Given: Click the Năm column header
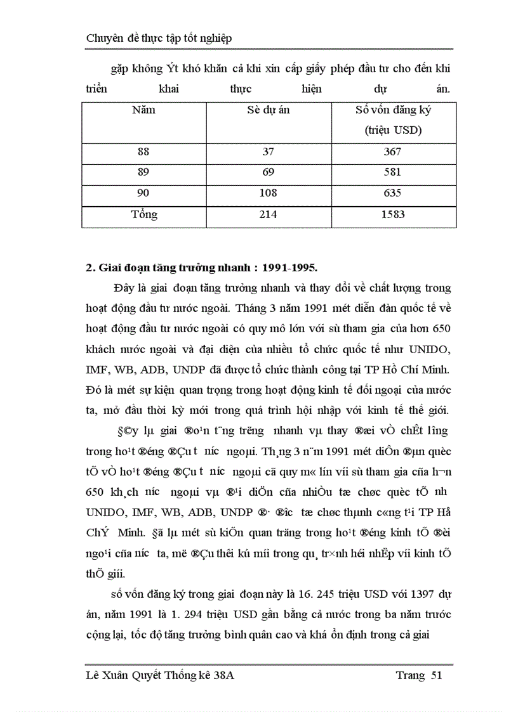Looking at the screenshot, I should pyautogui.click(x=143, y=110).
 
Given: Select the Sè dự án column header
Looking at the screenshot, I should pyautogui.click(x=268, y=110).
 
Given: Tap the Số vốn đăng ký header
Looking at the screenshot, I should pyautogui.click(x=393, y=110).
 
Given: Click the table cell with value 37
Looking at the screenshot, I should pyautogui.click(x=269, y=152).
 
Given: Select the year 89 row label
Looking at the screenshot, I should pyautogui.click(x=143, y=173).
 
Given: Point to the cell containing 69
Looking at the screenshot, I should pyautogui.click(x=269, y=173).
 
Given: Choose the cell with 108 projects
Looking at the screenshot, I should pyautogui.click(x=269, y=193).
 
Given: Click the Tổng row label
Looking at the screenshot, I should pyautogui.click(x=144, y=214).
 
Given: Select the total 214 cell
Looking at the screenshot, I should pyautogui.click(x=269, y=215).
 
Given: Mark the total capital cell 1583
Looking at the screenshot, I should pyautogui.click(x=393, y=215).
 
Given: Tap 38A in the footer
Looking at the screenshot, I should pyautogui.click(x=222, y=675).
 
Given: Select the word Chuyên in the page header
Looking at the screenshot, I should pyautogui.click(x=105, y=38).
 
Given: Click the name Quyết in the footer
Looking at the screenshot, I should pyautogui.click(x=145, y=676).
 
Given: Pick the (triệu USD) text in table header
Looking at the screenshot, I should pyautogui.click(x=394, y=131).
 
